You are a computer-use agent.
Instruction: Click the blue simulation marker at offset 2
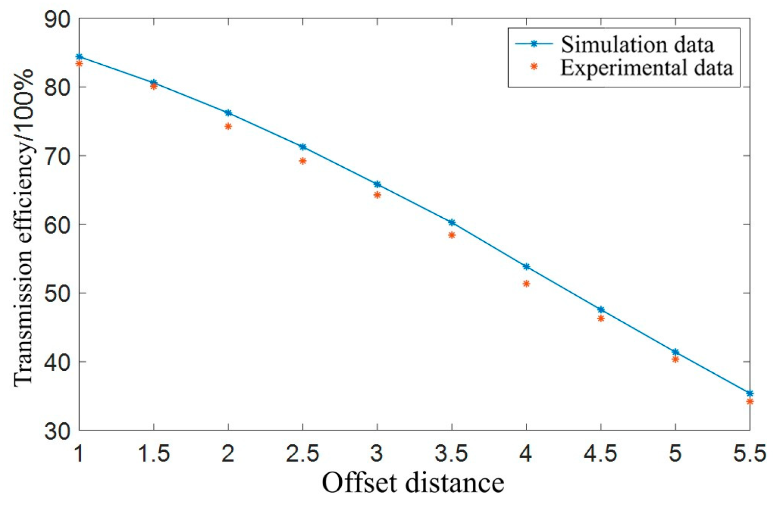(x=228, y=113)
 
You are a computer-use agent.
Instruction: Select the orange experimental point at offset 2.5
(x=303, y=161)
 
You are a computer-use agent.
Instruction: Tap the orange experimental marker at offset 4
(x=526, y=284)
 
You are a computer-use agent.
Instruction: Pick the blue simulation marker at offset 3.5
(x=451, y=222)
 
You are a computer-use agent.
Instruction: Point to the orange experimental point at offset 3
(x=377, y=195)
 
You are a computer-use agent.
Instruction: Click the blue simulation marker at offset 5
(x=675, y=352)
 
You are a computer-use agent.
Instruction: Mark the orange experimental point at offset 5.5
(x=749, y=401)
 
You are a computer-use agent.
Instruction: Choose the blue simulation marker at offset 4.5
(x=601, y=310)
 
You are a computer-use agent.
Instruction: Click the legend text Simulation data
(x=637, y=45)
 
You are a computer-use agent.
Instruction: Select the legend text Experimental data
(x=646, y=68)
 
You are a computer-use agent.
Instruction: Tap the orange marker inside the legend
(x=534, y=66)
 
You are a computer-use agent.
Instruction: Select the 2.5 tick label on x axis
(x=303, y=453)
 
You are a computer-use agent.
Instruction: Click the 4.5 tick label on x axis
(x=601, y=453)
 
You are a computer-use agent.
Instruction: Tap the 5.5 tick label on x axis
(x=749, y=453)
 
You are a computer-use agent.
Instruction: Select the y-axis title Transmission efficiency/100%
(x=23, y=227)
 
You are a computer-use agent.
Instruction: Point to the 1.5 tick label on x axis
(x=154, y=453)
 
